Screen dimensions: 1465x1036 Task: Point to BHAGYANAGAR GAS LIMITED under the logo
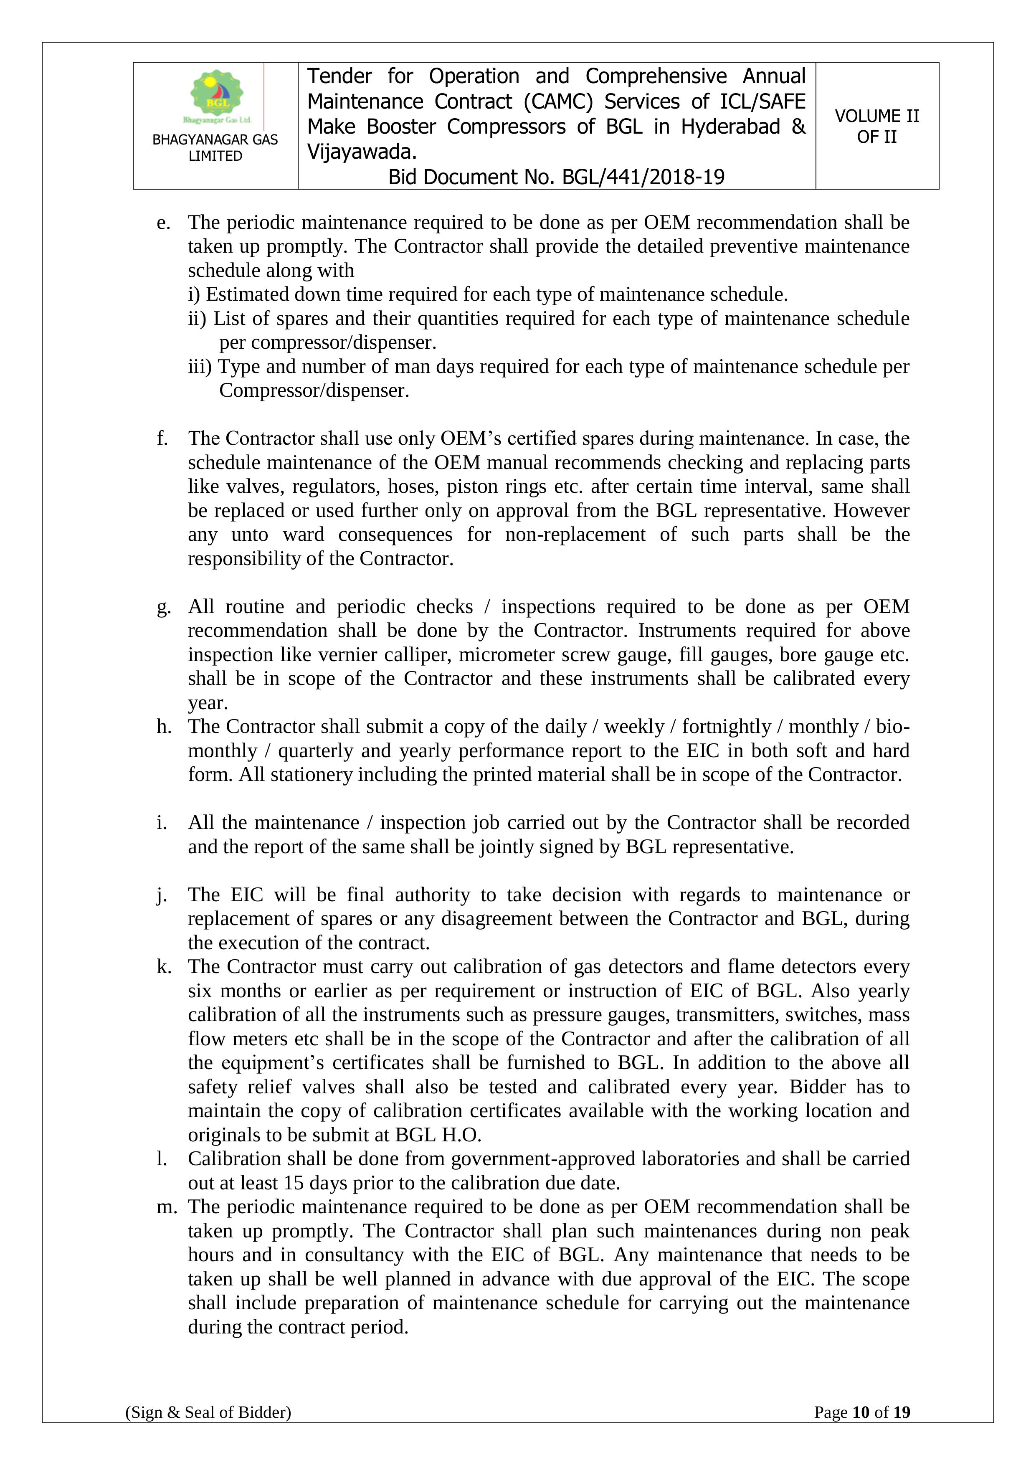pyautogui.click(x=215, y=148)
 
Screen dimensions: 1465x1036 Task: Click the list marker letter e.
pyautogui.click(x=163, y=223)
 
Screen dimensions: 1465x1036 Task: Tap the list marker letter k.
pyautogui.click(x=164, y=967)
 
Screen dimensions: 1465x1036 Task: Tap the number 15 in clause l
pyautogui.click(x=294, y=1183)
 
